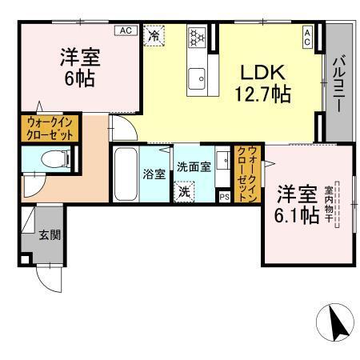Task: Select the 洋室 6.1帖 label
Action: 298,204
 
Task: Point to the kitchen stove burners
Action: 197,37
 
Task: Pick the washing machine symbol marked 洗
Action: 185,192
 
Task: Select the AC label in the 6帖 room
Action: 125,30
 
